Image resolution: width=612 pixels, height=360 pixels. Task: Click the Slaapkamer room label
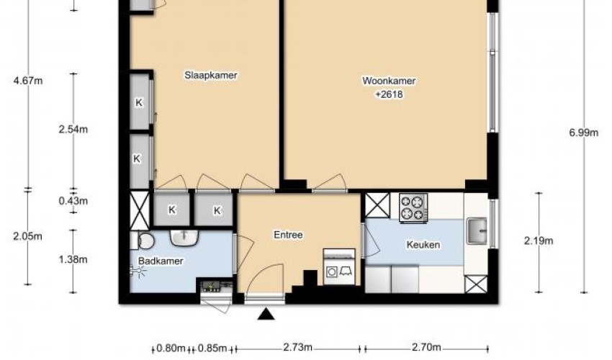[x=211, y=75]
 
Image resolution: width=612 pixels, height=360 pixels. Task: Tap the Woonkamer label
[x=389, y=81]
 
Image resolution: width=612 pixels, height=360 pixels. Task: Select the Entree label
[x=288, y=235]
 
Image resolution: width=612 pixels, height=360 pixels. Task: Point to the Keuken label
[x=423, y=245]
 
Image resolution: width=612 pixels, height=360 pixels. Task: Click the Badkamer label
[x=161, y=261]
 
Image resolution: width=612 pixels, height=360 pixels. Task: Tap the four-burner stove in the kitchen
[x=413, y=208]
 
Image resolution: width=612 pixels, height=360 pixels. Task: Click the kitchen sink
[x=477, y=230]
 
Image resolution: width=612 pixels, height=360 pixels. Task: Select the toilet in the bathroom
[x=143, y=240]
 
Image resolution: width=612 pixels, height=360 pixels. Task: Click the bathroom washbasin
[x=184, y=238]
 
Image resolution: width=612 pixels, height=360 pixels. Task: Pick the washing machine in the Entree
[x=339, y=266]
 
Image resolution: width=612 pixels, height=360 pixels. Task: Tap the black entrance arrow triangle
[x=266, y=314]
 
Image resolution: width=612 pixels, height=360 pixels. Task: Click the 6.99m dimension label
[x=583, y=132]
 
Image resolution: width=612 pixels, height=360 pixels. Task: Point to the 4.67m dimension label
[x=28, y=81]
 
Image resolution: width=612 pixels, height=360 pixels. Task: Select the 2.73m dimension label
[x=297, y=348]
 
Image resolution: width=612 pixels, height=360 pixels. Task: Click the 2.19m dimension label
[x=539, y=240]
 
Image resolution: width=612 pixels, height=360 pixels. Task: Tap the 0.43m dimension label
[x=73, y=201]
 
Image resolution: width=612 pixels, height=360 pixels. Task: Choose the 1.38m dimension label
[x=73, y=259]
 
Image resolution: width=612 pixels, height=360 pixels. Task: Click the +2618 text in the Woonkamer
[x=389, y=94]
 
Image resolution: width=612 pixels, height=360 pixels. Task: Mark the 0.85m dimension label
[x=212, y=348]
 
